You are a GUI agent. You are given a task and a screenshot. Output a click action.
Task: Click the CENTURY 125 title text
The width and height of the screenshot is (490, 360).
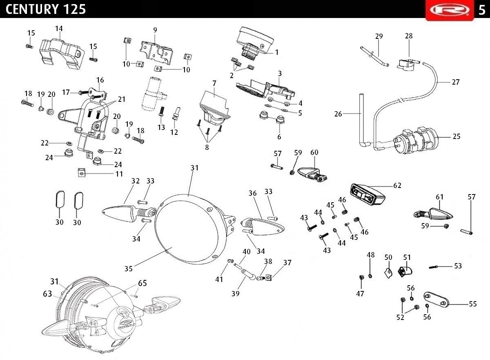point(45,9)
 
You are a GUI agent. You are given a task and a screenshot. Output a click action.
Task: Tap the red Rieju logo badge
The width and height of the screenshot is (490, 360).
point(450,10)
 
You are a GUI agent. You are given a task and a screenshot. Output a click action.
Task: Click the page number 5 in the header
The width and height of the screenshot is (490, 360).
point(482,10)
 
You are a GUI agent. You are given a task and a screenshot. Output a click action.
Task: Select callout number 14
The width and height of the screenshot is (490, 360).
point(59,29)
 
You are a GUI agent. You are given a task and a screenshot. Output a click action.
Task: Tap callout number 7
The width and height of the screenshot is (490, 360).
point(214,83)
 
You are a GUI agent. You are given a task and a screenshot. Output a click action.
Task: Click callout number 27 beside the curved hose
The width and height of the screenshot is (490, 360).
point(456,82)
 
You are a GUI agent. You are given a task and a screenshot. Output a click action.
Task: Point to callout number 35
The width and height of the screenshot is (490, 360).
point(128,268)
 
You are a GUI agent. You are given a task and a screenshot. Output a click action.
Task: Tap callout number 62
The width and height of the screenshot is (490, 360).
point(397,186)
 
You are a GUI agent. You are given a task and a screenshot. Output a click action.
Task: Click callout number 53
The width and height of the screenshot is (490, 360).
point(458,266)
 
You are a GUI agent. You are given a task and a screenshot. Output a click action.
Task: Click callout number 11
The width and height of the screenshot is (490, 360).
point(119,174)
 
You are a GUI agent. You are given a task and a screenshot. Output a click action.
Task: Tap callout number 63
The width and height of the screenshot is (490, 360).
point(47,294)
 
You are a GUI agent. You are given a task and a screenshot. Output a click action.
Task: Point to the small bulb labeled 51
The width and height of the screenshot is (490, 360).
point(405,272)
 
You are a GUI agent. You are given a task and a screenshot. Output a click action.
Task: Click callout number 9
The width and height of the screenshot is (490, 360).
point(155,30)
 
